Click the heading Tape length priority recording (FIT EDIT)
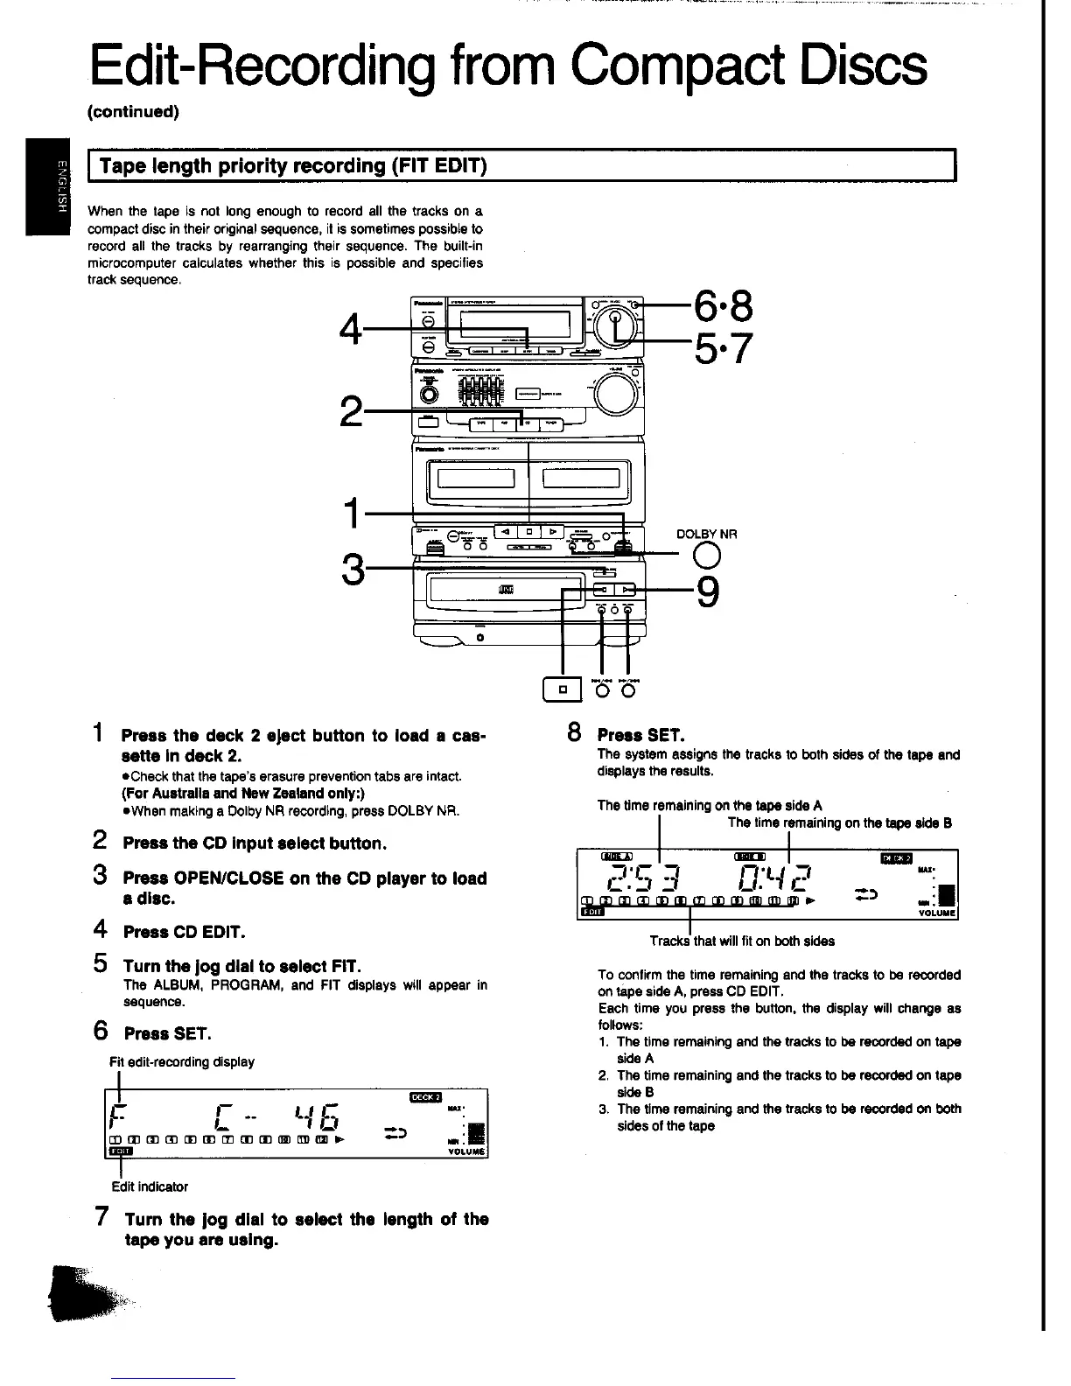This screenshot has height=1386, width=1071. (x=293, y=166)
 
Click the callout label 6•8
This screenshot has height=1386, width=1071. (x=724, y=306)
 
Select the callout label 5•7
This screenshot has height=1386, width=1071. (x=724, y=349)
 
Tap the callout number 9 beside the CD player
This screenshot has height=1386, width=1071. (x=708, y=592)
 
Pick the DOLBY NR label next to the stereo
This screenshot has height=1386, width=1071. (x=707, y=534)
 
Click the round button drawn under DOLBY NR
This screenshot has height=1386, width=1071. (x=706, y=556)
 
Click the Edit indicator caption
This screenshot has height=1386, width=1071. (x=150, y=1186)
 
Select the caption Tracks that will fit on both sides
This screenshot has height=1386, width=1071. (x=742, y=941)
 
